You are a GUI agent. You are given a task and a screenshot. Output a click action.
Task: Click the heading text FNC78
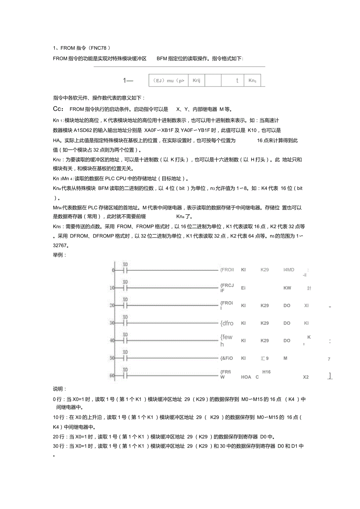(x=95, y=48)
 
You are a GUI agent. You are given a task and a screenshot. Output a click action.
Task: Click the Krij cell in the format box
(x=196, y=81)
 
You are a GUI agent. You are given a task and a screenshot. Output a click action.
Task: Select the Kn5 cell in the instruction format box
(x=252, y=81)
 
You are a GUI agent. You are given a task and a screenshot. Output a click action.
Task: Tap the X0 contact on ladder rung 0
(x=126, y=270)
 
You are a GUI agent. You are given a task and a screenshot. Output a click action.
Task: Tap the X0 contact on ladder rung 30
(x=126, y=323)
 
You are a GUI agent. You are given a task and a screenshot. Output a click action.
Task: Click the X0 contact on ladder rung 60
(x=126, y=376)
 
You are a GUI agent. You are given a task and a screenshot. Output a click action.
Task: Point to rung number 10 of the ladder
(x=112, y=288)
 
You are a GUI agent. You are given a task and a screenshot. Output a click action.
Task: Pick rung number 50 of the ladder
(x=112, y=358)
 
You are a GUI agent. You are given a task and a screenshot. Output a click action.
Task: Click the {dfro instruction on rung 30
(x=227, y=323)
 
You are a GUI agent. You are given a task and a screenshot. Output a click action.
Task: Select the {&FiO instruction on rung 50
(x=227, y=358)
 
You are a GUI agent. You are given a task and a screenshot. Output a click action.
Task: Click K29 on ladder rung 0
(x=265, y=270)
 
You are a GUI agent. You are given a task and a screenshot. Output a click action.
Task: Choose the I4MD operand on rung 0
(x=289, y=270)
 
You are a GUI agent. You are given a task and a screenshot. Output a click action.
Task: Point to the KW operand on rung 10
(x=287, y=288)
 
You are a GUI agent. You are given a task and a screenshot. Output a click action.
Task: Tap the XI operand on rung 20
(x=306, y=306)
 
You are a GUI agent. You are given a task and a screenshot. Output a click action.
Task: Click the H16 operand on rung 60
(x=266, y=372)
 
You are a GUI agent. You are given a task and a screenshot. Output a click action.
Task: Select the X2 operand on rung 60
(x=306, y=377)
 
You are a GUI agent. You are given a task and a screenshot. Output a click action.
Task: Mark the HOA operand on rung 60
(x=246, y=377)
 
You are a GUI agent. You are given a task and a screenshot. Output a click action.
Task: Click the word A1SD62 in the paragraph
(x=83, y=130)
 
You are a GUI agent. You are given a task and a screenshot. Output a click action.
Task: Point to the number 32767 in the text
(x=61, y=246)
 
